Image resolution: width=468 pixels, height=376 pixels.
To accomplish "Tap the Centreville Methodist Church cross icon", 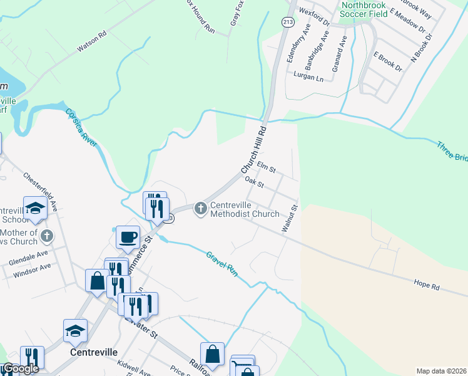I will tap(201, 208).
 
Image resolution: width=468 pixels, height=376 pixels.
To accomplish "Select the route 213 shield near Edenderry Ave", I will tap(288, 22).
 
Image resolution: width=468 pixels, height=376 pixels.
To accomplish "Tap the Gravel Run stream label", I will tap(223, 263).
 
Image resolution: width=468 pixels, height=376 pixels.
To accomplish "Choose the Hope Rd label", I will tap(427, 285).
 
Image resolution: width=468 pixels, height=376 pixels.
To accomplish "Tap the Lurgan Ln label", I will tap(308, 77).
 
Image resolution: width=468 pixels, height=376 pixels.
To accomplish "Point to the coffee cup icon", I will tap(128, 237).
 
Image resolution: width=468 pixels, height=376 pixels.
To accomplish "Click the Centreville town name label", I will tap(93, 352).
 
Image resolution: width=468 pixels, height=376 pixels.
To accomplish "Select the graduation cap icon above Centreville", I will tap(75, 330).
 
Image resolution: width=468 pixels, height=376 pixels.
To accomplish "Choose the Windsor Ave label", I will tap(31, 270).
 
